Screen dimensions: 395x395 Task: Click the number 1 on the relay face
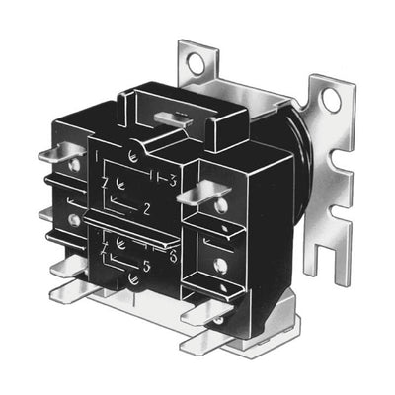tap(97, 156)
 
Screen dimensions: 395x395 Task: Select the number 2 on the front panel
tap(146, 209)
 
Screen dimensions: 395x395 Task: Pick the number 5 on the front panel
tap(147, 266)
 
